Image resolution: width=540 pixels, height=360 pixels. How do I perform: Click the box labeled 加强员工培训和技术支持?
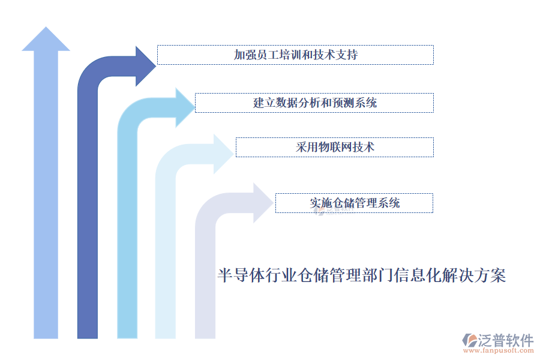point(295,55)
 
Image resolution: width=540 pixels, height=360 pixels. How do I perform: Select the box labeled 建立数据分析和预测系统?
point(314,103)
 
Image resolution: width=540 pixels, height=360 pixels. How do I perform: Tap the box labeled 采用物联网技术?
point(334,147)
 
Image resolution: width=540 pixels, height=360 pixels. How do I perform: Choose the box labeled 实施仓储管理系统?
point(354,203)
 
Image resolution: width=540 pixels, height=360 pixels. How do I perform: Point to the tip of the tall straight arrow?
point(46,29)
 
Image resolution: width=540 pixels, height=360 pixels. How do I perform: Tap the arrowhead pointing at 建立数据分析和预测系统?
point(185,107)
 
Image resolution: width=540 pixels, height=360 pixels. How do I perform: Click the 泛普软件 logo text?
point(505,340)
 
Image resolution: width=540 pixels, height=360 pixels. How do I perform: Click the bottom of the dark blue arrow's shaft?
point(88,333)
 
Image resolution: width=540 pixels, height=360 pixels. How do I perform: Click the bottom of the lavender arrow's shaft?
point(205,333)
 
